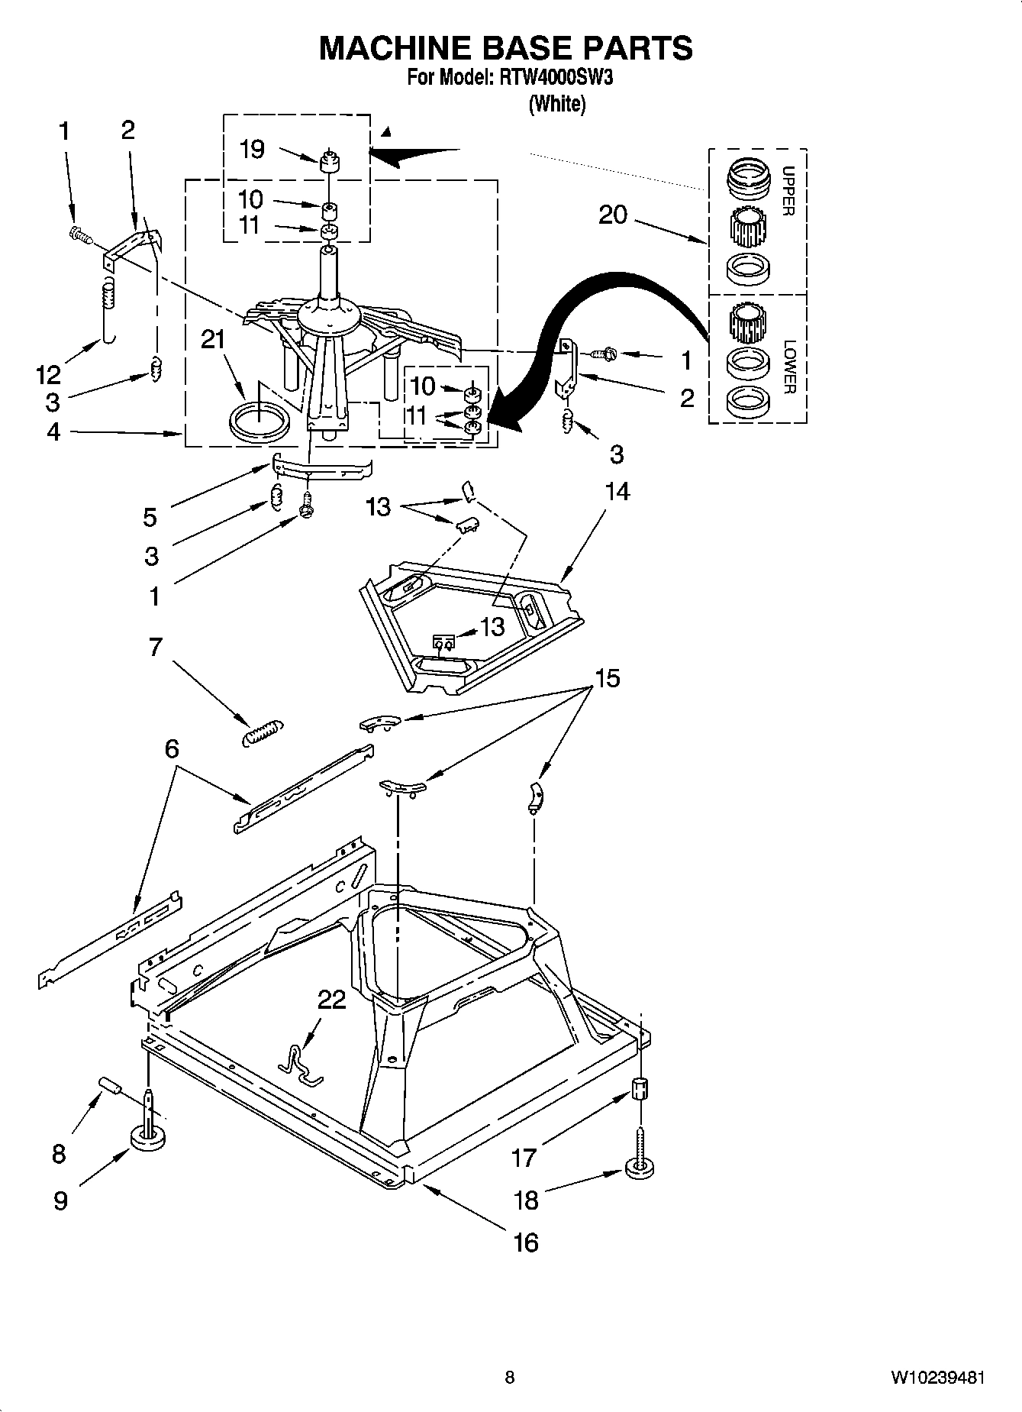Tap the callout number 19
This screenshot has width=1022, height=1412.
point(252,149)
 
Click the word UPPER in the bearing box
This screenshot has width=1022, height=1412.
point(789,191)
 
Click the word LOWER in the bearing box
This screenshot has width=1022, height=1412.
point(789,367)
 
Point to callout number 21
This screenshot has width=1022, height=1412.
point(213,338)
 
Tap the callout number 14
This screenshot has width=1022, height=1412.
point(617,491)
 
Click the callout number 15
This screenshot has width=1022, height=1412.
point(608,677)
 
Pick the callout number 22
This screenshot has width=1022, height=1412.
point(331,999)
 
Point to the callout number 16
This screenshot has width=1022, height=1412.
point(526,1242)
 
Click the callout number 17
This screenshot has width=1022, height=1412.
point(524,1158)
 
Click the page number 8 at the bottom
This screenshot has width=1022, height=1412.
point(510,1378)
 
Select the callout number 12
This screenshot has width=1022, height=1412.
point(47,374)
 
